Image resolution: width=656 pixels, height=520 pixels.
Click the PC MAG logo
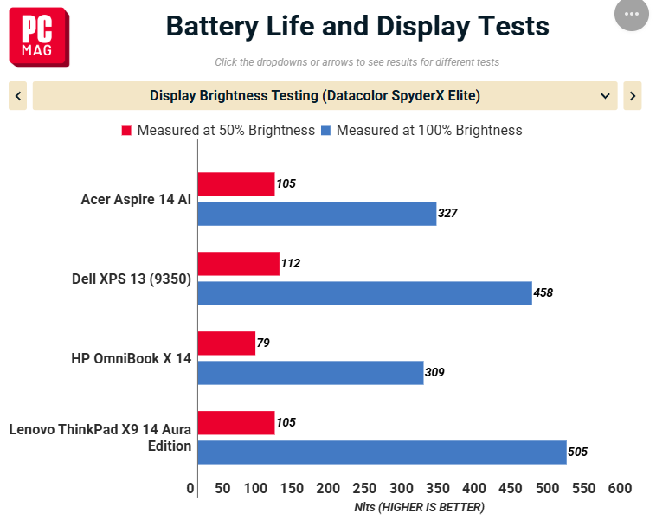coord(39,37)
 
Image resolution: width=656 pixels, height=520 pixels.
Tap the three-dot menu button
coord(631,14)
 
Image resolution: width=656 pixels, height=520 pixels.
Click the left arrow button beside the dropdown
coord(18,96)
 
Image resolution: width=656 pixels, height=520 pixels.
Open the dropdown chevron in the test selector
coord(605,96)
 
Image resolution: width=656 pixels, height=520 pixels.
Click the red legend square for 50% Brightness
coord(126,131)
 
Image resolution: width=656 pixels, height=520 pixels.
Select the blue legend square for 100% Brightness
coord(325,131)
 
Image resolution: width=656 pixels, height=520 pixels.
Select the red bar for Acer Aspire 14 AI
coord(236,184)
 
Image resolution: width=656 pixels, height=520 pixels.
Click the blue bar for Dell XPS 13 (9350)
coord(365,293)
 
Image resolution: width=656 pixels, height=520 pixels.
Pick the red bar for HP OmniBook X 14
coord(227,343)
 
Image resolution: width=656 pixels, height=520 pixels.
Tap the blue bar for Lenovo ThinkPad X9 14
coord(383,453)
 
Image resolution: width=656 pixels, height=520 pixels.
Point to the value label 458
coord(543,292)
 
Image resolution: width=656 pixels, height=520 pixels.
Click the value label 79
coord(263,343)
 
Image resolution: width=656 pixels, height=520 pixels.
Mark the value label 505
coord(578,452)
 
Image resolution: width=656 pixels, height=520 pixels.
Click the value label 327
coord(447,214)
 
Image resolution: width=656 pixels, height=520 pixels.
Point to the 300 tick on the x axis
coord(402,488)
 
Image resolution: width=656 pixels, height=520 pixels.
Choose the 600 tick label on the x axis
coord(620,488)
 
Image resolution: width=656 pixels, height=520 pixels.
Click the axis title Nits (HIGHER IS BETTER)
coord(419,507)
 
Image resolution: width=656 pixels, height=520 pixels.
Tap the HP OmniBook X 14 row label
coord(131,358)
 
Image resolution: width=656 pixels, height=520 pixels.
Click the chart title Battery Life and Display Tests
coord(357,26)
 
